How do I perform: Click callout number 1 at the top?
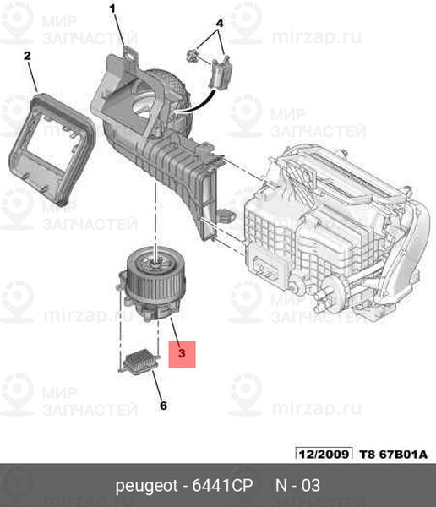[x=112, y=8]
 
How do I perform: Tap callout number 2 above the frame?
[x=28, y=56]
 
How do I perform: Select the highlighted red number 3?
[x=182, y=353]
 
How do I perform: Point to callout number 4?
[x=220, y=24]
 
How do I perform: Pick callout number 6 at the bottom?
[x=163, y=406]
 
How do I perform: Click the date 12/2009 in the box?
[x=324, y=454]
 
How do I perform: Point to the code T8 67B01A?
[x=393, y=454]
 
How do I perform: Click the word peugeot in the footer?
[x=146, y=486]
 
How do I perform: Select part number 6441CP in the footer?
[x=222, y=485]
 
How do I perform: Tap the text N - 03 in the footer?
[x=297, y=485]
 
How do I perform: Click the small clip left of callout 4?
[x=193, y=56]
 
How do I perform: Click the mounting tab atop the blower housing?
[x=130, y=53]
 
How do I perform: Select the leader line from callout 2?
[x=32, y=77]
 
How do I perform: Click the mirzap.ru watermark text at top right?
[x=317, y=37]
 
